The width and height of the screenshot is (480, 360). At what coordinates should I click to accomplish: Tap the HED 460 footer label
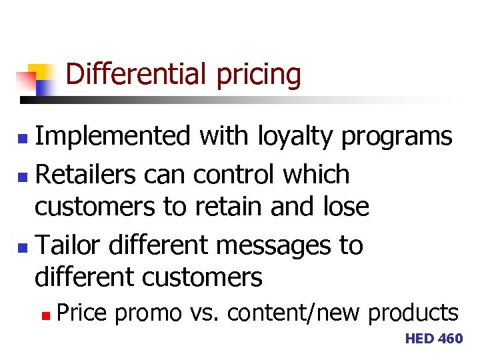[433, 339]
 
